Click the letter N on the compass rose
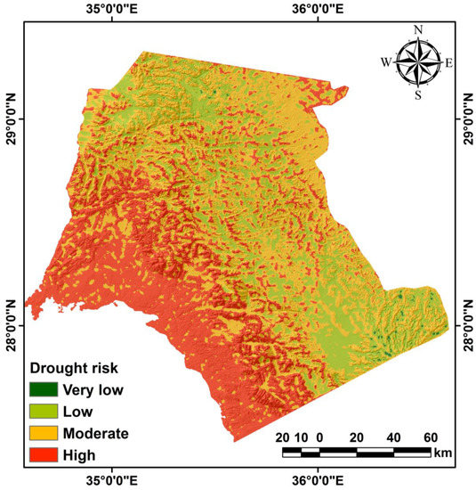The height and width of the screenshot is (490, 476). [x=417, y=30]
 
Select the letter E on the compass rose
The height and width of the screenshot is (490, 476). [x=448, y=62]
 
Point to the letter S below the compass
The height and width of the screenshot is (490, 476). [x=417, y=94]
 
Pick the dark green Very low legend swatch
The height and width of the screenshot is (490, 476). [x=44, y=389]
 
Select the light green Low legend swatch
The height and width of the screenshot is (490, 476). [x=44, y=412]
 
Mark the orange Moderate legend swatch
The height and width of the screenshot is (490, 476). [x=44, y=434]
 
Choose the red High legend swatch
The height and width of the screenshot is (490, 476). [x=44, y=455]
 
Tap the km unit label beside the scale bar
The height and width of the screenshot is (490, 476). [x=441, y=453]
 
